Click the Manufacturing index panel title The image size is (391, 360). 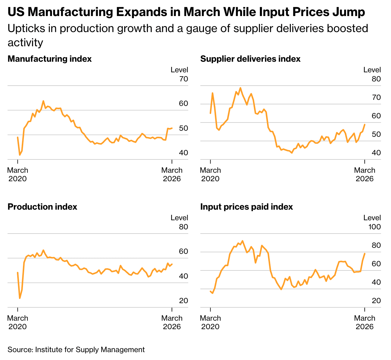click(50, 59)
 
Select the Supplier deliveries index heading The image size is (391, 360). click(250, 59)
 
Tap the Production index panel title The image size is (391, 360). click(42, 207)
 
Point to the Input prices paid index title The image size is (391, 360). click(247, 207)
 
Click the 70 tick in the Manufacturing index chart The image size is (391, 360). click(183, 79)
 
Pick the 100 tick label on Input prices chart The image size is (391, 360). click(375, 227)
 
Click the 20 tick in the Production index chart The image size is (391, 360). click(183, 301)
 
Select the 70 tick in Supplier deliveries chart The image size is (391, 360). click(376, 98)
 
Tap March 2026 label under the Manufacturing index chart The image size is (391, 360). click(172, 174)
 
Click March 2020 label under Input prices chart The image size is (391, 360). click(210, 322)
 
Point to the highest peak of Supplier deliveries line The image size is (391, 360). click(240, 88)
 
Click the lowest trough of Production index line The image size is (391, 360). click(20, 298)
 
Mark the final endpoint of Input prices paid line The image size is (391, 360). click(365, 254)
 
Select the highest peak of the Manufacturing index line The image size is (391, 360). click(43, 101)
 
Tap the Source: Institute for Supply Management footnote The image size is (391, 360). click(76, 350)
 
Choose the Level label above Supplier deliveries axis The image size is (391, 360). click(372, 70)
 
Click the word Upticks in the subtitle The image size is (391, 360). click(25, 29)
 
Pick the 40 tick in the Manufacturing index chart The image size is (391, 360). click(183, 153)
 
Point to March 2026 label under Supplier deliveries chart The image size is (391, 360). click(365, 174)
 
